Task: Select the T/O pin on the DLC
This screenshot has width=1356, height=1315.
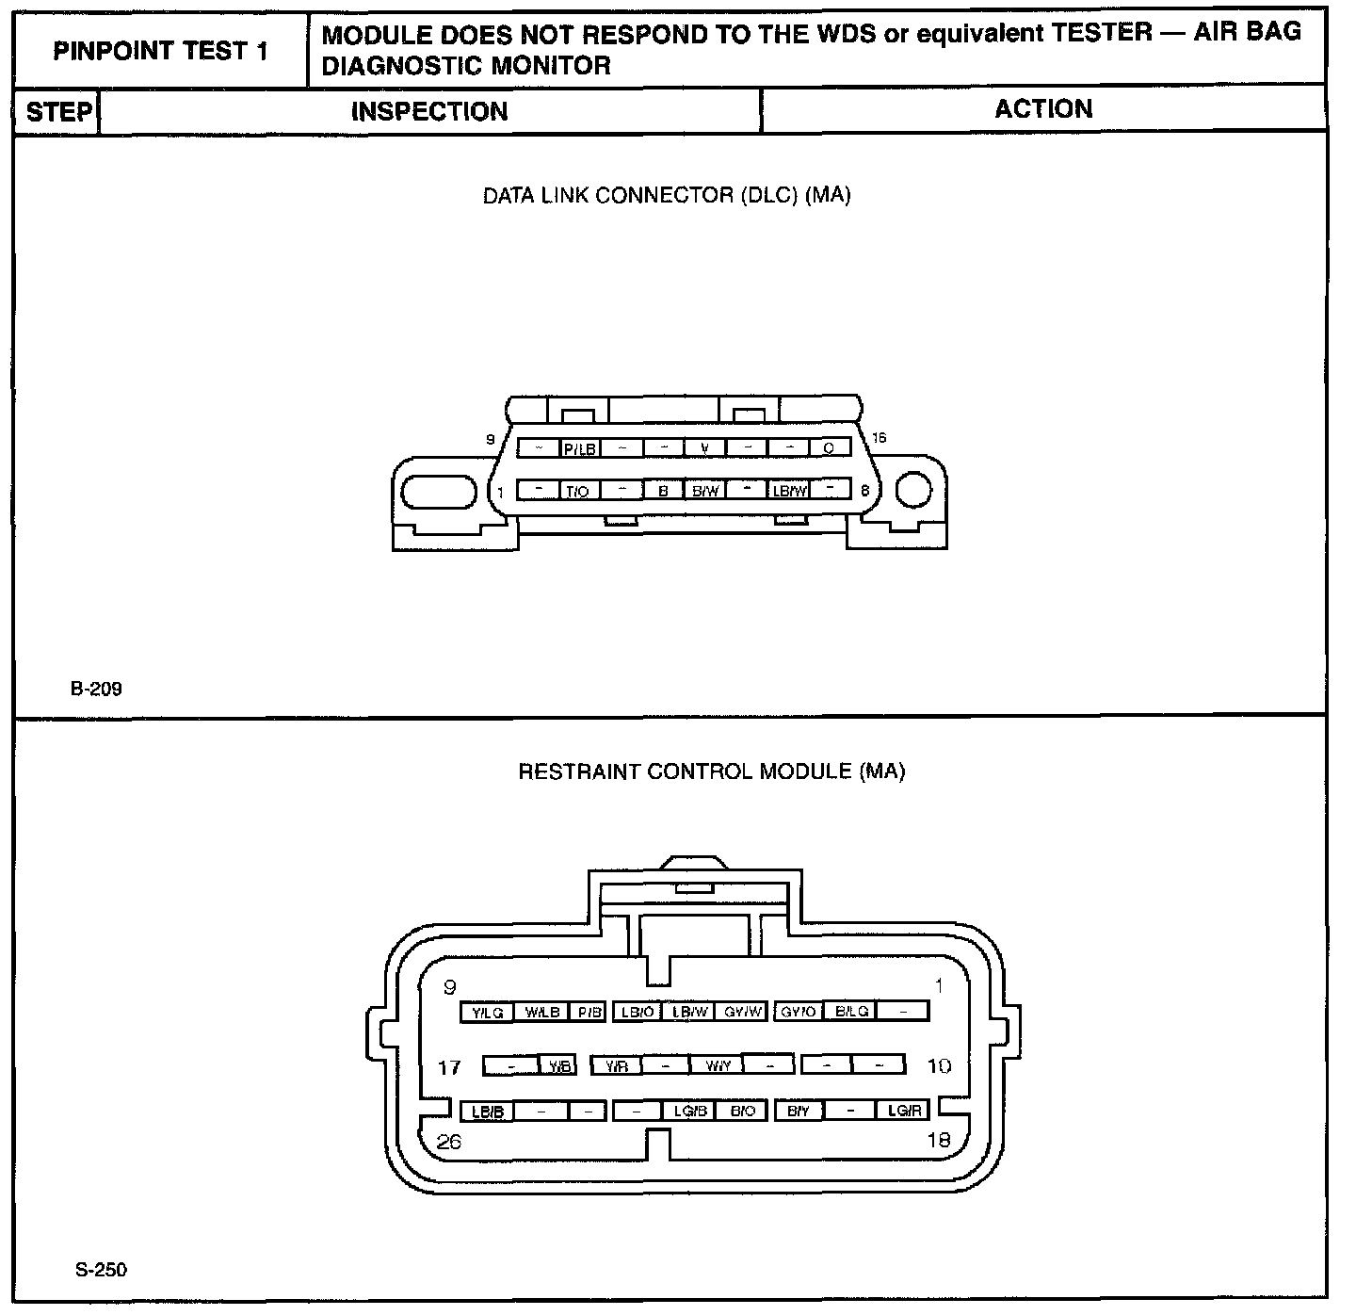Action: coord(577,491)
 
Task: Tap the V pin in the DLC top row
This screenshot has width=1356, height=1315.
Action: coord(705,448)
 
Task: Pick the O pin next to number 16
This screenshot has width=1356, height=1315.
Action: coord(829,448)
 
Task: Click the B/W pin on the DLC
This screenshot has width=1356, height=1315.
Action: coord(705,491)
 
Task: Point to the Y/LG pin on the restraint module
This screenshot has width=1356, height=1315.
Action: coord(488,1013)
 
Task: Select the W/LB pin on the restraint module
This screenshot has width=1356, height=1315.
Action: coord(542,1013)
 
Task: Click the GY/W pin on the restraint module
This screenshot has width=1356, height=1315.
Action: coord(743,1013)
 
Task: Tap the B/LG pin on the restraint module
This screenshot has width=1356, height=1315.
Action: coord(851,1012)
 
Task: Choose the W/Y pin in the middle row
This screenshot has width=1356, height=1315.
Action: coord(718,1066)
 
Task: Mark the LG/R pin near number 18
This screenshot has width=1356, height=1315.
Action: coord(903,1112)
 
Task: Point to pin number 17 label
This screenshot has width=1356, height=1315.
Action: coord(450,1067)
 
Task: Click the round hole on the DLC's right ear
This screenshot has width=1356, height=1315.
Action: coord(912,490)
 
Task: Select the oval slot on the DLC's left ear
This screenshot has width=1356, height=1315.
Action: coord(440,492)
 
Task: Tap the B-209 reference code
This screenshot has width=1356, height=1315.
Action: coord(96,689)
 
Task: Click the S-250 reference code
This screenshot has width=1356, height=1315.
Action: coord(101,1270)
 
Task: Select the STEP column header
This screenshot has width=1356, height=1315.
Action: coord(58,112)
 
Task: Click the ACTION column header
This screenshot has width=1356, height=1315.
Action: coord(1043,109)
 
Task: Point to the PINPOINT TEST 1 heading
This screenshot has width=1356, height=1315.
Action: coord(161,51)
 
